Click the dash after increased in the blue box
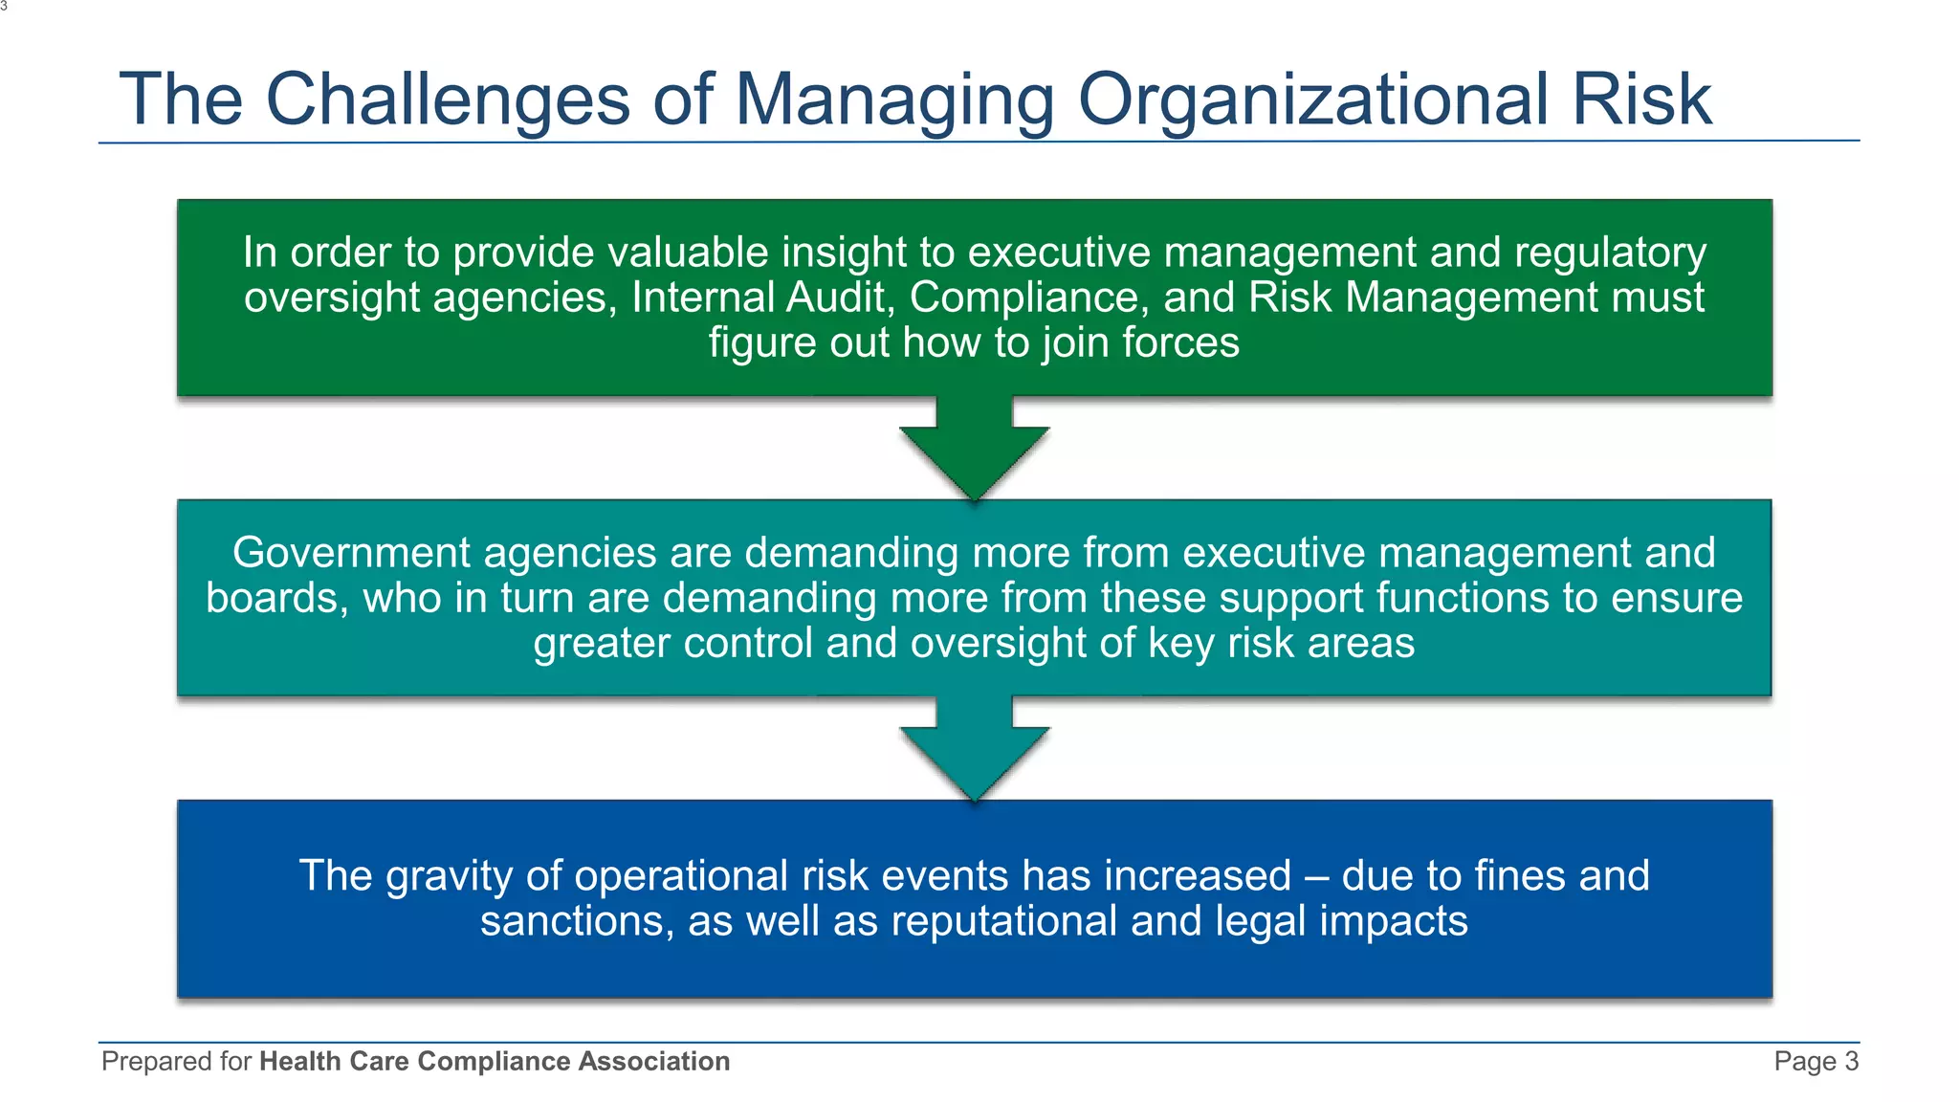[1316, 876]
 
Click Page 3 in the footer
[1815, 1061]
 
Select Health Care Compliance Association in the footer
[495, 1061]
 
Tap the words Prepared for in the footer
[176, 1061]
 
